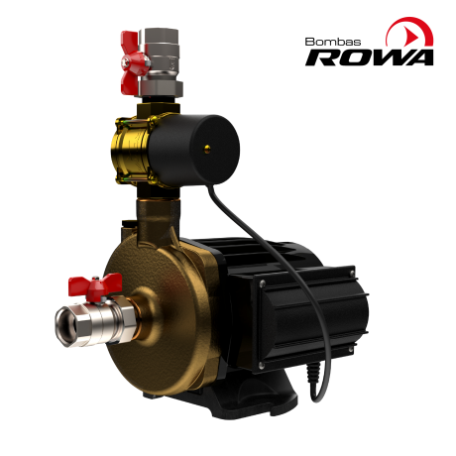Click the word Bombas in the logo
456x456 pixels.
pyautogui.click(x=333, y=42)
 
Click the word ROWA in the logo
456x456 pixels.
pyautogui.click(x=369, y=57)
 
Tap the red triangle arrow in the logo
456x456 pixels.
pyautogui.click(x=411, y=35)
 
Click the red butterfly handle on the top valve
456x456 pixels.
pyautogui.click(x=132, y=62)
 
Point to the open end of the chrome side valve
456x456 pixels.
pyautogui.click(x=66, y=326)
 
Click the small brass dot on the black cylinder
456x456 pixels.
pyautogui.click(x=207, y=150)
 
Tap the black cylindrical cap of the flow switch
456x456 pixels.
pyautogui.click(x=193, y=150)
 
